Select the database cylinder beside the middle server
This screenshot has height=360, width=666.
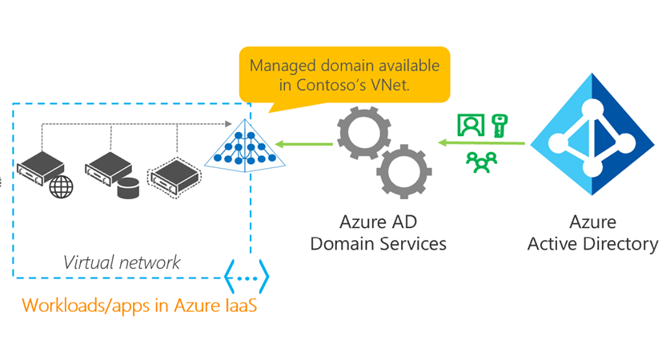click(x=128, y=189)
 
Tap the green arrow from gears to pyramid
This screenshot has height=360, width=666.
click(x=303, y=145)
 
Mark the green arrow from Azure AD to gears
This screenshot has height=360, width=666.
click(x=481, y=144)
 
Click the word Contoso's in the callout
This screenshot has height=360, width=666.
click(x=332, y=86)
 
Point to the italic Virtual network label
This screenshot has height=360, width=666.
click(x=122, y=262)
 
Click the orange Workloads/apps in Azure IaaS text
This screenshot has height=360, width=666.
click(x=138, y=306)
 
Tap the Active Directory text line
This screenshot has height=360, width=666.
click(x=592, y=244)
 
